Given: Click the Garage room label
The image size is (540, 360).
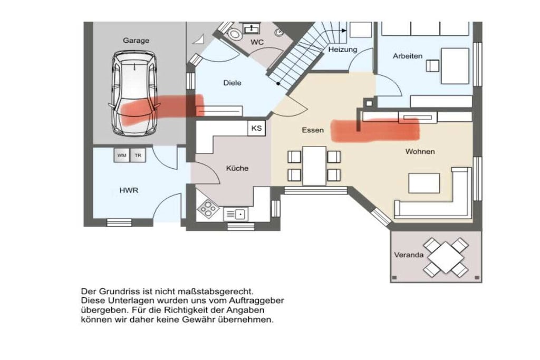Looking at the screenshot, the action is point(136,41).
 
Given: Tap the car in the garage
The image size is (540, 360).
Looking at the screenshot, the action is point(134,93).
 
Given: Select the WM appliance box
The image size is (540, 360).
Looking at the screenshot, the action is point(122,155).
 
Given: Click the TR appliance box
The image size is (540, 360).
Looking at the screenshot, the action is point(138,155).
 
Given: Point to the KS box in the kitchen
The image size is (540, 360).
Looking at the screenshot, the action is point(257,128).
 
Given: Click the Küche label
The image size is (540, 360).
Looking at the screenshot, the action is point(237,168).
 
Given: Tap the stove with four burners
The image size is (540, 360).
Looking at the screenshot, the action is point(208,208).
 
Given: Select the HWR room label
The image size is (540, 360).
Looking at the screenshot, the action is point(129,190).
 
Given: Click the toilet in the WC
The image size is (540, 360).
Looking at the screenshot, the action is point(235,33).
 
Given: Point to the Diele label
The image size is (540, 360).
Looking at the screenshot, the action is point(233,83).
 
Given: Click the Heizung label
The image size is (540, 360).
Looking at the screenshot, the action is point(343,50).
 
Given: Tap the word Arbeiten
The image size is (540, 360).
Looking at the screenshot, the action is point(408,56).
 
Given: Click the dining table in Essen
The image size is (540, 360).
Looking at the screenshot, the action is point(314,166).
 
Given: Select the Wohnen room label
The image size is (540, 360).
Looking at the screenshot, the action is point(420,151).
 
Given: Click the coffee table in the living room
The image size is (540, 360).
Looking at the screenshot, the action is point(424,183).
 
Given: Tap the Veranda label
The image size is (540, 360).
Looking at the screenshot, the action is point(409,255).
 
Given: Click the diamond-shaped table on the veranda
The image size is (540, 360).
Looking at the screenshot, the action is point(446,258).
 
